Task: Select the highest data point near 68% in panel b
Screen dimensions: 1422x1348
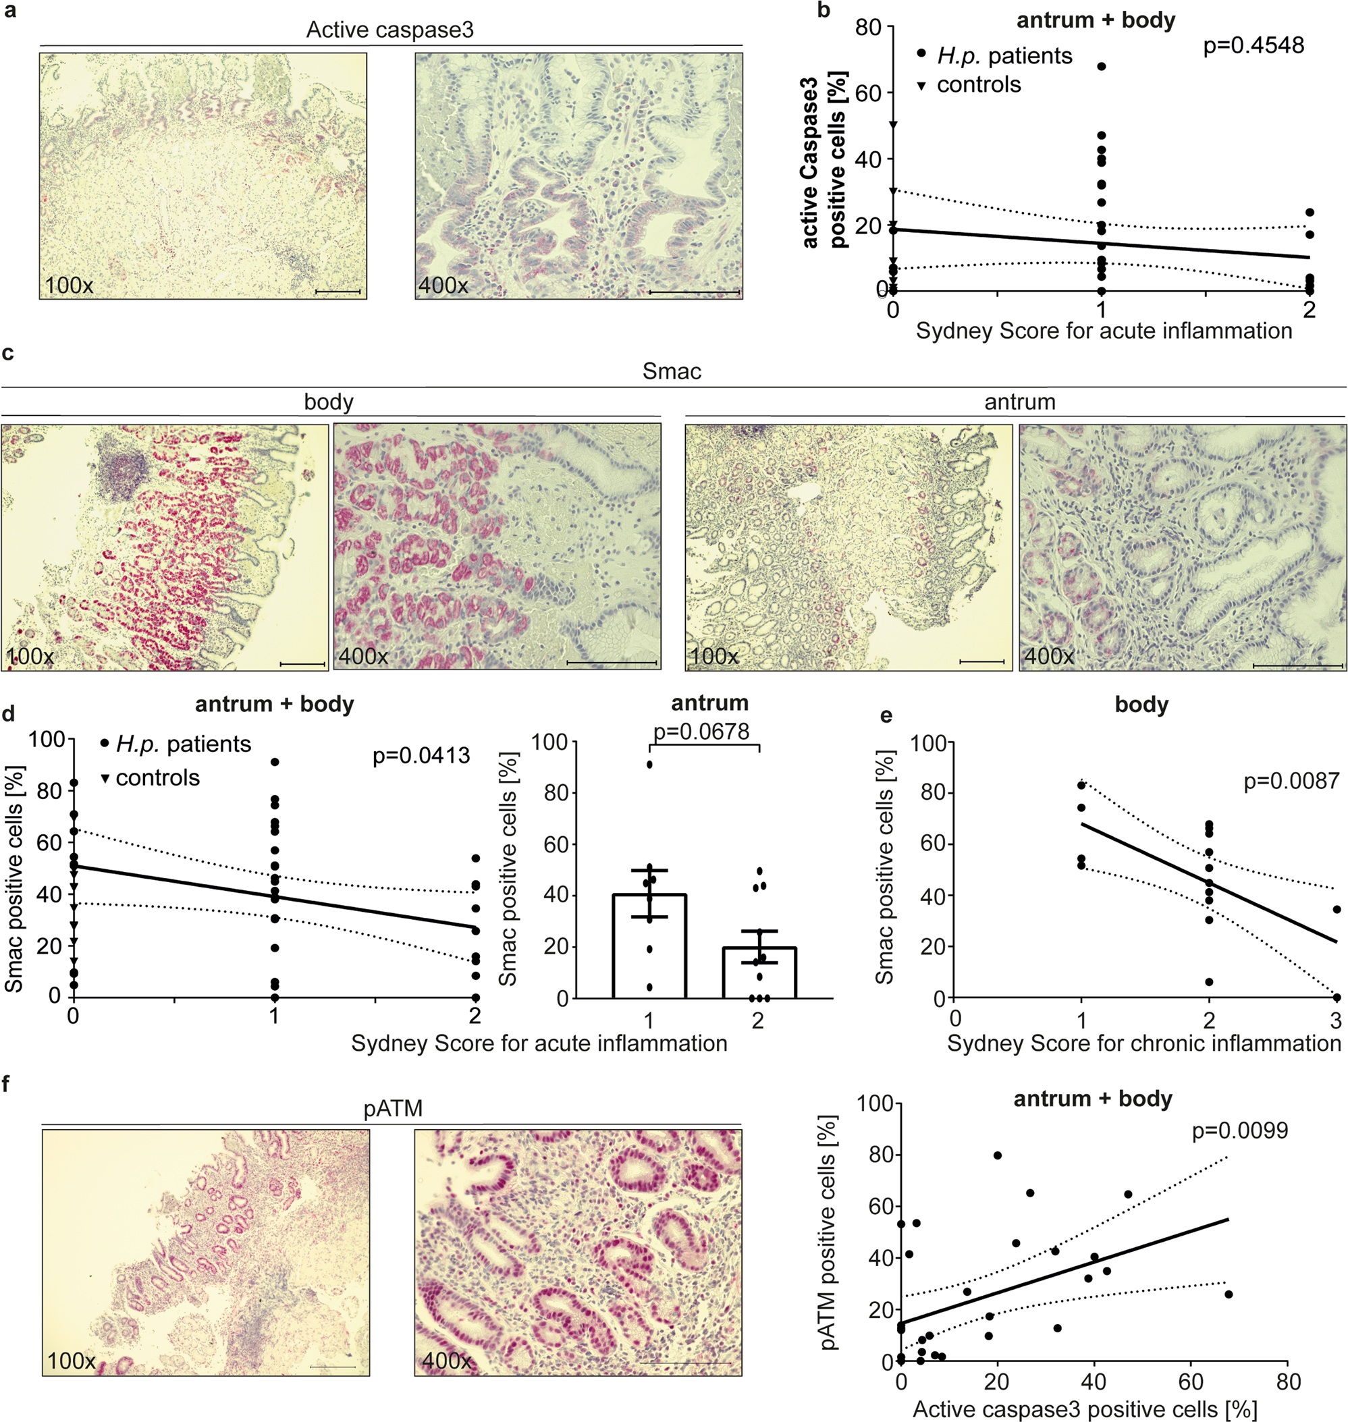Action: pos(1101,67)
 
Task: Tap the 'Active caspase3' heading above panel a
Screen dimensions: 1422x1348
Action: pos(389,30)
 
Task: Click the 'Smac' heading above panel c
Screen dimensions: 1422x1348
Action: pos(672,371)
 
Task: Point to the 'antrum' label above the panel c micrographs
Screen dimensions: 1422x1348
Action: pos(1020,402)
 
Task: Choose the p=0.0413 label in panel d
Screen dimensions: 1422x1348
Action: pos(421,755)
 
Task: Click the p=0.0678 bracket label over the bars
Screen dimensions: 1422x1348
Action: pos(701,732)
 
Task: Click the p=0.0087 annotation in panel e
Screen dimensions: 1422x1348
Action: pos(1291,781)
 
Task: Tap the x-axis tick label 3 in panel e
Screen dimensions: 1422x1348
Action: pos(1336,1020)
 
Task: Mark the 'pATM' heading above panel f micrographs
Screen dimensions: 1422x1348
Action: pos(392,1109)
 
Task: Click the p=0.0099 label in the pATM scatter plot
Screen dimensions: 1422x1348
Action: pos(1239,1131)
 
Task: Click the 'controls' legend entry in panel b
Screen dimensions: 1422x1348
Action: pos(978,85)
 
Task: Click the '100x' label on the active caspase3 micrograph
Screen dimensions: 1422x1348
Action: pos(69,285)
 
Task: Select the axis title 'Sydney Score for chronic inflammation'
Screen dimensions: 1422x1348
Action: pos(1144,1043)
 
